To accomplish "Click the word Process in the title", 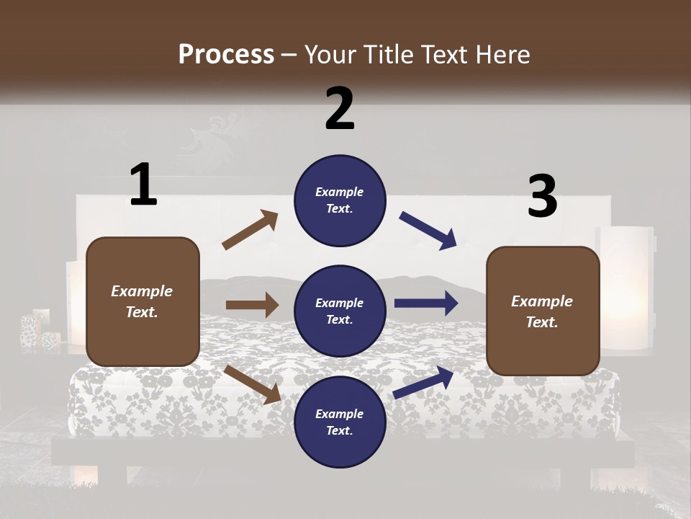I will [226, 54].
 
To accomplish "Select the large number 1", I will [143, 185].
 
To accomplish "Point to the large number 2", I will [340, 108].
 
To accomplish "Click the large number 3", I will [542, 197].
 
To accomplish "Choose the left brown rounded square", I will [143, 301].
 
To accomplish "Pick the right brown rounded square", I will [543, 311].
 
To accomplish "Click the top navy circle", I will [340, 200].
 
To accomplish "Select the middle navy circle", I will [340, 311].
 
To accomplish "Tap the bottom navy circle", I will [340, 422].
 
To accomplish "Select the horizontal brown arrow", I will [252, 305].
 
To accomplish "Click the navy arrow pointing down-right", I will [428, 231].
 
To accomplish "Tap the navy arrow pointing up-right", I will [424, 382].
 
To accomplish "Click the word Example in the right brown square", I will [542, 301].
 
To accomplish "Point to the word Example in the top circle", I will [339, 192].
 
